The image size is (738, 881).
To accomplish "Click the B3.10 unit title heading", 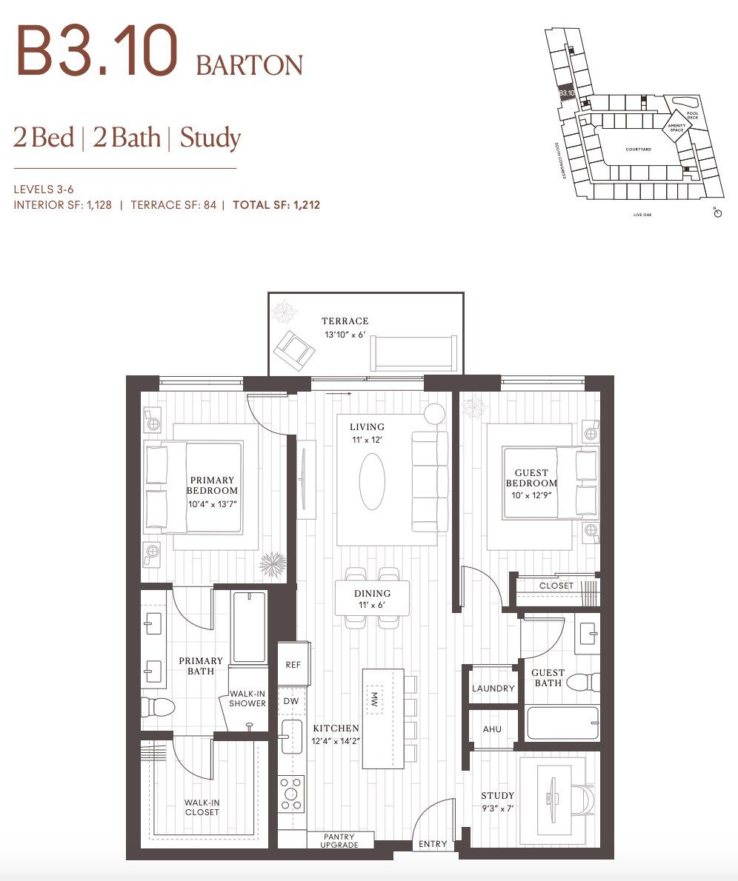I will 97,52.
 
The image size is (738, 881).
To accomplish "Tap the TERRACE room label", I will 345,321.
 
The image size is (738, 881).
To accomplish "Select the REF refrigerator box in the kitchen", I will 293,665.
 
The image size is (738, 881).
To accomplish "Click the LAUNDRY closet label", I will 493,689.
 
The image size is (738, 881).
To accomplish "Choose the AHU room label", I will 492,729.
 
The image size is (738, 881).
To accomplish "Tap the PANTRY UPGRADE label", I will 340,840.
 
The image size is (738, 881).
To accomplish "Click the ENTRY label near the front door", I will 433,844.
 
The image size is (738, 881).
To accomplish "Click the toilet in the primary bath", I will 158,707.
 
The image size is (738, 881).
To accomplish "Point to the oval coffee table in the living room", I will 372,480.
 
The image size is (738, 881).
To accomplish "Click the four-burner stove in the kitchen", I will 290,793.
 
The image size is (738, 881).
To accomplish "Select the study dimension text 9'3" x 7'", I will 496,808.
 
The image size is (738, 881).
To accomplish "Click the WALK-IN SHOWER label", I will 247,698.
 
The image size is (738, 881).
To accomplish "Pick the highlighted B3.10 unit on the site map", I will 566,93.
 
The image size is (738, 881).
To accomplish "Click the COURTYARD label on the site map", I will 638,150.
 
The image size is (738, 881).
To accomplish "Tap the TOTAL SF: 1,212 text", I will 276,205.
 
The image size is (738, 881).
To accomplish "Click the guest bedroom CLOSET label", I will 556,586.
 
